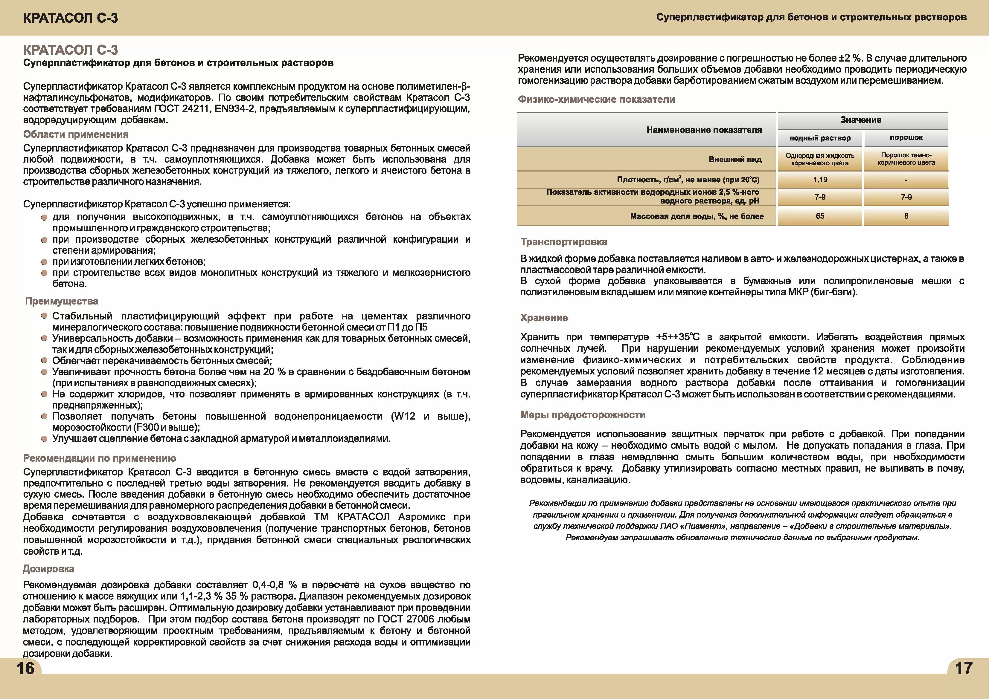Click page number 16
point(25,669)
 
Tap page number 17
point(963,669)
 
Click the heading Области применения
point(76,134)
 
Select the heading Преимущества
point(62,301)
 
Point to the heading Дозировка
point(48,569)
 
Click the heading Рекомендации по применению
point(100,458)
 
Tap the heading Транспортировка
point(563,242)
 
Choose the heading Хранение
point(544,318)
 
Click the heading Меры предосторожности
point(582,414)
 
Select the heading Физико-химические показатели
point(596,100)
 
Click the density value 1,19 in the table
point(820,180)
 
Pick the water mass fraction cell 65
point(820,216)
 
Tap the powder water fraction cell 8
point(906,216)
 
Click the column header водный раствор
point(820,138)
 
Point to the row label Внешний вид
point(735,160)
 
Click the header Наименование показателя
point(704,130)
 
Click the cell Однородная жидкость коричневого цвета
point(820,159)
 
